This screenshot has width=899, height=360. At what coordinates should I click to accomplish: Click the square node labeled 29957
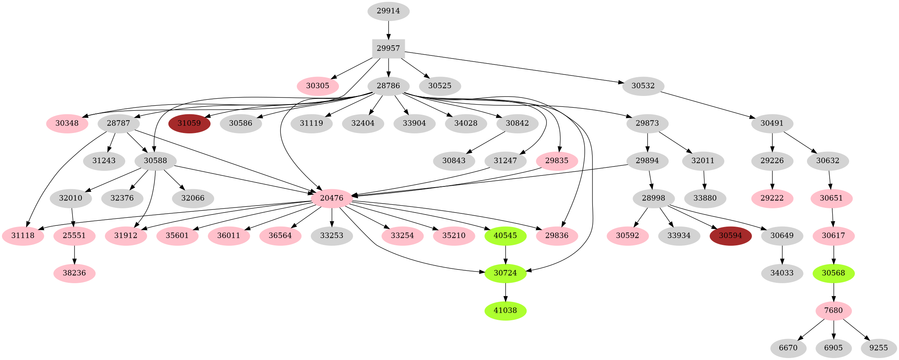pos(388,48)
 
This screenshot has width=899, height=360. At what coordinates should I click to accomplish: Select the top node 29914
pos(388,11)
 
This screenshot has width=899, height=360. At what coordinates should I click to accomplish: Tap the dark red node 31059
pos(189,123)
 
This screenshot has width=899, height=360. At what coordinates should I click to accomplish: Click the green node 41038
pos(505,310)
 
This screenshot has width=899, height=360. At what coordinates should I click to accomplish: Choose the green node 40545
pos(505,236)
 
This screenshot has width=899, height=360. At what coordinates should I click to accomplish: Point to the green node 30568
pos(833,273)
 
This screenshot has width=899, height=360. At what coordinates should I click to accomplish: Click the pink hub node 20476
pos(332,198)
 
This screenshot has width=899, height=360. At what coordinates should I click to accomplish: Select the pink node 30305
pos(317,86)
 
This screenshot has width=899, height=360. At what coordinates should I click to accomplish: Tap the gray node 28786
pos(388,86)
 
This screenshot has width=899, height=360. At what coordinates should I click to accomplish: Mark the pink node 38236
pos(74,273)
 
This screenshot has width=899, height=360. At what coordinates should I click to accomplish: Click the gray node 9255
pos(878,348)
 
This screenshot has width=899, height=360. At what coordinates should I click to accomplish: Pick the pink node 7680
pos(833,310)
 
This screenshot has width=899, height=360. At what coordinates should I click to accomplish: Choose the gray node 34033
pos(782,273)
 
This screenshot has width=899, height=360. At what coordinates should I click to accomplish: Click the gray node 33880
pos(705,198)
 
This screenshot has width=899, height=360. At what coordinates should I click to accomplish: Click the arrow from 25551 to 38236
pos(74,254)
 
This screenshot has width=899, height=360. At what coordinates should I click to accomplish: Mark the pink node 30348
pos(67,123)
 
